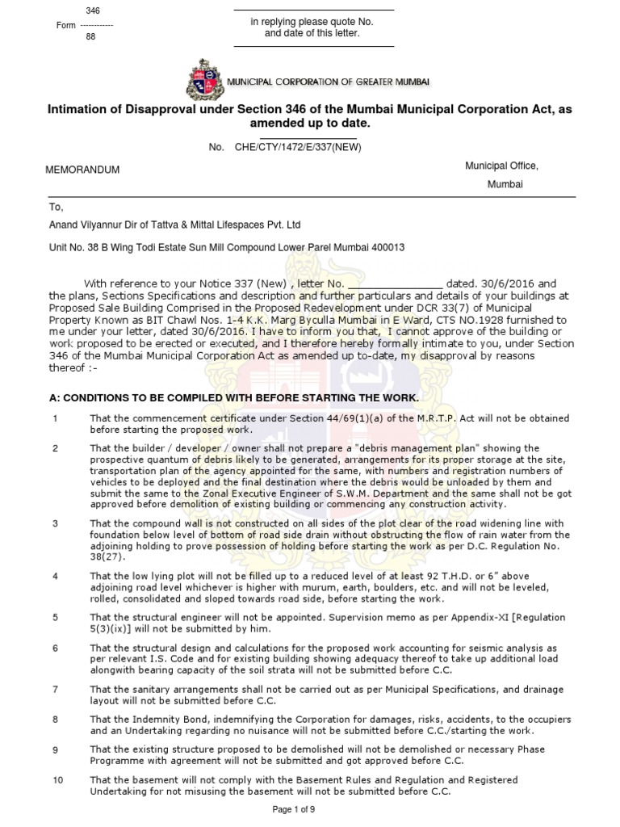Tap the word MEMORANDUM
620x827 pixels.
pos(82,170)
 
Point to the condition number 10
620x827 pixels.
pos(57,780)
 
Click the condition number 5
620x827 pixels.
pos(55,617)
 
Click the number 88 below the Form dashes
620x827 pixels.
pos(90,37)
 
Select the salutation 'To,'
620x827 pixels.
pos(56,208)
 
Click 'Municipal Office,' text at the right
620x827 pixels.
pos(501,166)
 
